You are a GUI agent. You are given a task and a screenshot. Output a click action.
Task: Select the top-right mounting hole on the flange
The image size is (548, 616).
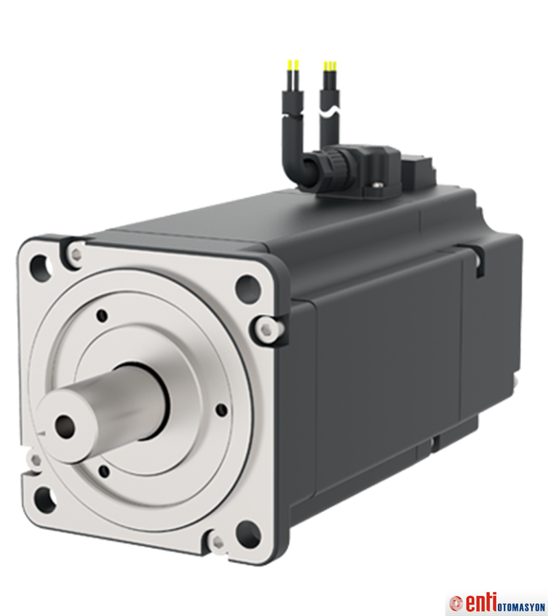(x=247, y=288)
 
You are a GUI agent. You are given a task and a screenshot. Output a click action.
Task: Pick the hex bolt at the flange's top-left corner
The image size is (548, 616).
(x=74, y=254)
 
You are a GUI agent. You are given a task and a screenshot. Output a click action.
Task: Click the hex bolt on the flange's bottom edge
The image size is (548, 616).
(x=218, y=542)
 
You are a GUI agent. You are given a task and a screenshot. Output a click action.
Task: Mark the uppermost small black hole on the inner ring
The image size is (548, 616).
(x=102, y=316)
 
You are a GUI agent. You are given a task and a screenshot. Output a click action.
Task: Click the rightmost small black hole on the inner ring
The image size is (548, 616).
(x=221, y=409)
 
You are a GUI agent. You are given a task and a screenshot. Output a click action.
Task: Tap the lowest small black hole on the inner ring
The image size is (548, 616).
(x=103, y=470)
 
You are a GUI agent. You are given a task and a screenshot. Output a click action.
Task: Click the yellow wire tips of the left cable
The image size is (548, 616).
(x=292, y=66)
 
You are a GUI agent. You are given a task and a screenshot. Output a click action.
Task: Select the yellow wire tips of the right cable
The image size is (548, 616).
(x=329, y=66)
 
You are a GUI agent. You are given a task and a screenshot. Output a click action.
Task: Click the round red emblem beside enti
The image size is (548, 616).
(x=456, y=604)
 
